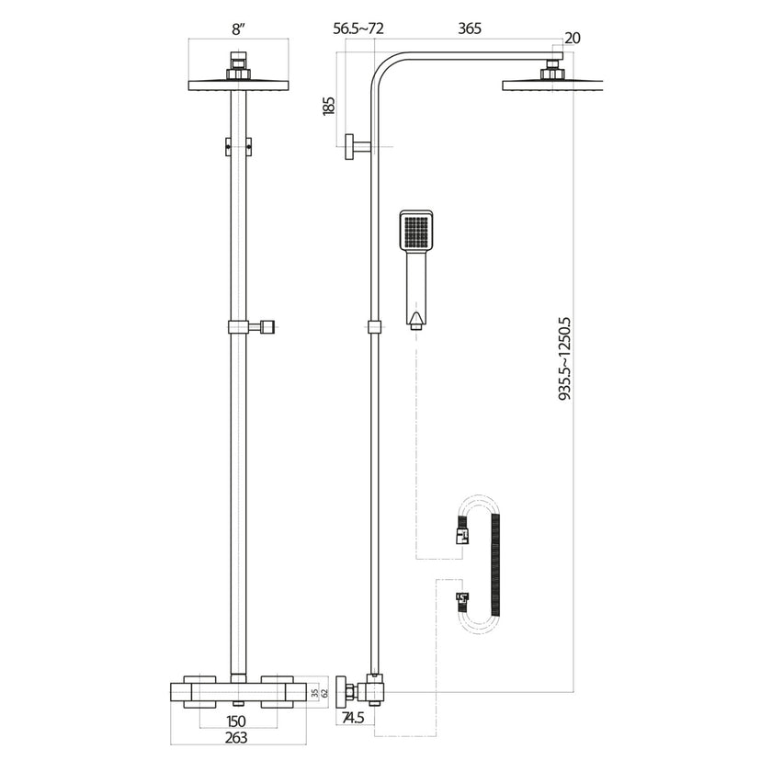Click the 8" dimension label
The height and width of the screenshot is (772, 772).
click(238, 29)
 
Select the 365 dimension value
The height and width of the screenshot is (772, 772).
click(470, 29)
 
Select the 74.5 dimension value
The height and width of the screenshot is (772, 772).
click(354, 717)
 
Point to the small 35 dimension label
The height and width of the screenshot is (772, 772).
click(313, 692)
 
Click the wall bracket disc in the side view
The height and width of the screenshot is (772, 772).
click(350, 145)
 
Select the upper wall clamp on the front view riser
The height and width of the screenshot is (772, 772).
click(238, 145)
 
